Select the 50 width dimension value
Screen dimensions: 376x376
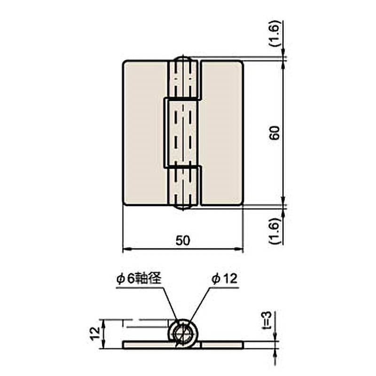coord(183,240)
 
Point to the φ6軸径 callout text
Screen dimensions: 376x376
coord(139,279)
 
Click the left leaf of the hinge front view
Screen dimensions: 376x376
coord(145,133)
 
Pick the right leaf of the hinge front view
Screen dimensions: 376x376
coord(222,133)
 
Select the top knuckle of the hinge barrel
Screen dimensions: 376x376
coord(183,80)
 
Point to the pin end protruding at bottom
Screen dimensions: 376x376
coord(183,207)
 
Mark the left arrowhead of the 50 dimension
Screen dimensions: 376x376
coord(125,249)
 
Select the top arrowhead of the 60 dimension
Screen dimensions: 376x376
coord(283,64)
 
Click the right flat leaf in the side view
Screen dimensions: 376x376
coord(222,345)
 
